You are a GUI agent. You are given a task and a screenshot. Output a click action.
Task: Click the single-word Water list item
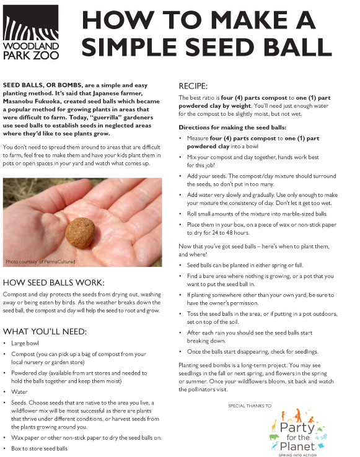coord(19,391)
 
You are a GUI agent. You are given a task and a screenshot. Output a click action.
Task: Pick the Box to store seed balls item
coord(39,448)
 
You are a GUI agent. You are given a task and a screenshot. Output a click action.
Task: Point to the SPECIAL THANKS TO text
coord(249,405)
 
